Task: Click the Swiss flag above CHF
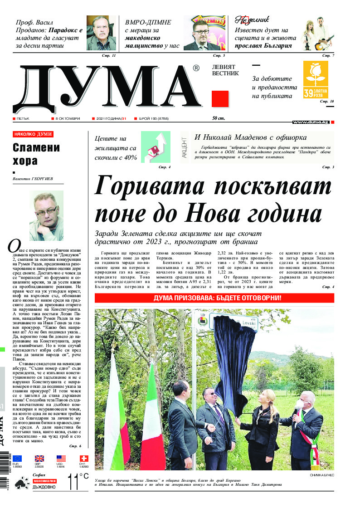point(84,459)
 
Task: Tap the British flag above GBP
point(39,459)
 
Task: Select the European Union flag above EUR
point(17,459)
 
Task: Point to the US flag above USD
point(61,459)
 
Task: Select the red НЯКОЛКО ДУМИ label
point(33,134)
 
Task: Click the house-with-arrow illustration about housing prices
point(156,146)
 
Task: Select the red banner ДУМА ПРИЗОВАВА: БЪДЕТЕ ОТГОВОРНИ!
point(214,298)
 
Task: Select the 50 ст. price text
point(219,119)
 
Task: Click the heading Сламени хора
point(36,154)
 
